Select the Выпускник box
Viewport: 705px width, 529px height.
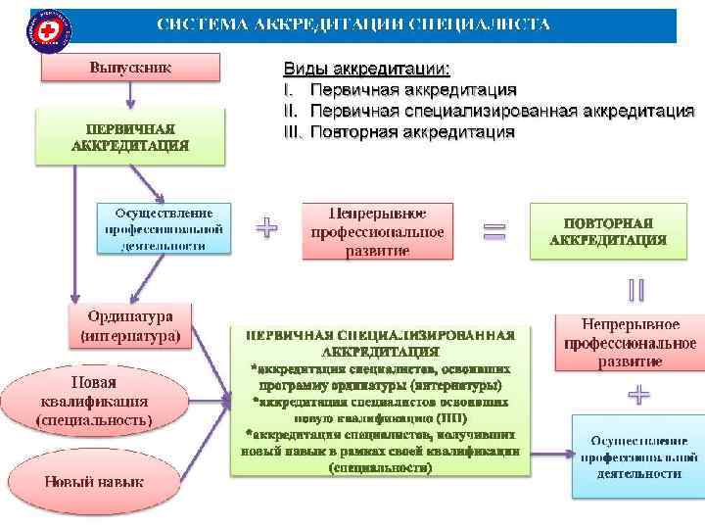130,68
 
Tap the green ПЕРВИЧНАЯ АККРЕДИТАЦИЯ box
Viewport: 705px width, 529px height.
130,136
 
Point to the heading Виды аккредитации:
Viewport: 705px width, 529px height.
367,70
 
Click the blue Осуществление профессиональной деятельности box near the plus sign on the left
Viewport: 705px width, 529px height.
164,228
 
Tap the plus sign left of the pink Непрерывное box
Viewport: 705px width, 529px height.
266,228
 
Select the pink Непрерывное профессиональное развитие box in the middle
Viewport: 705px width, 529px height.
377,231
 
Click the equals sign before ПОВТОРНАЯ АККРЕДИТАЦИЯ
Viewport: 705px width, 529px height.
494,231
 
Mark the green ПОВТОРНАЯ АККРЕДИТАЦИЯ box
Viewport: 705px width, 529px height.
607,231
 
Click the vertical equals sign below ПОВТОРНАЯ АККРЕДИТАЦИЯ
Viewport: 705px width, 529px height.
636,291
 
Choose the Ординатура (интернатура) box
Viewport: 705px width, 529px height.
130,326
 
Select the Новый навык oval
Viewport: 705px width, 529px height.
93,481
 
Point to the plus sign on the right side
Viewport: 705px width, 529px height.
638,395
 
